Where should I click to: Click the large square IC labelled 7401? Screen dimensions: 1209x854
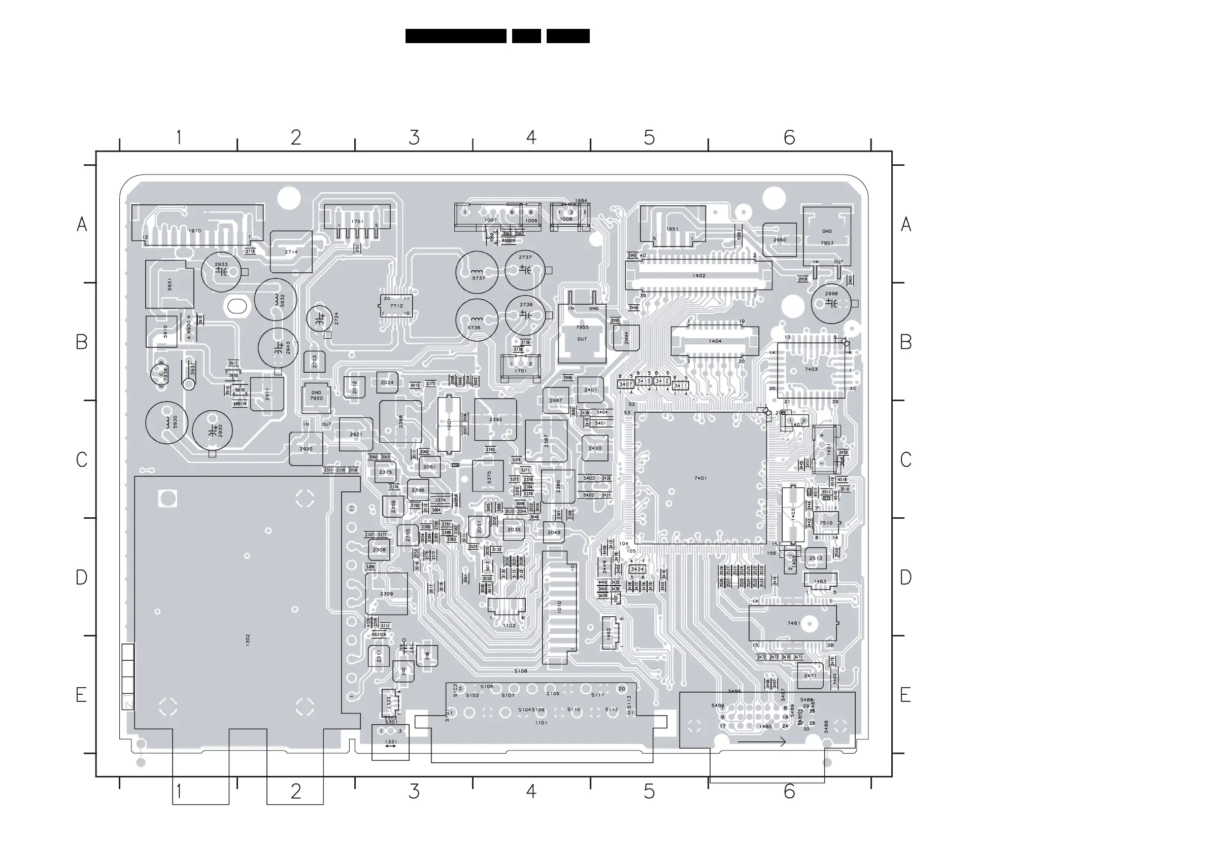click(700, 478)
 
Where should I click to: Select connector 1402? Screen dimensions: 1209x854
click(698, 275)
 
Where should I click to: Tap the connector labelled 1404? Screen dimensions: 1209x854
click(715, 341)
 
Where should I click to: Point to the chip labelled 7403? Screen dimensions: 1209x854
click(811, 369)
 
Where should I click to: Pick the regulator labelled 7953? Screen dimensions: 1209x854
click(827, 237)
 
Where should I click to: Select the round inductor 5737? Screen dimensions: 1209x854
click(477, 272)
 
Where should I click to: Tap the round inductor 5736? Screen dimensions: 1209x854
click(476, 320)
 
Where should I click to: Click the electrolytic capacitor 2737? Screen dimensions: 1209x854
click(525, 269)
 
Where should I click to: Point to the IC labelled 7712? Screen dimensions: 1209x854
click(396, 306)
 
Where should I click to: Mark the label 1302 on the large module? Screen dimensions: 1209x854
click(248, 640)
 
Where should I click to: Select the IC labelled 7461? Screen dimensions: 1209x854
click(792, 623)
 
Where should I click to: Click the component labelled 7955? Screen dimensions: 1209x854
click(582, 333)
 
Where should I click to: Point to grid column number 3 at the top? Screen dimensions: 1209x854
click(414, 138)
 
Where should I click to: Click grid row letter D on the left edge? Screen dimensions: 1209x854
click(81, 577)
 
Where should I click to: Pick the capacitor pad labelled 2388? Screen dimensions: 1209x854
click(401, 421)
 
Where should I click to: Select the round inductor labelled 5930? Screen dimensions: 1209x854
click(167, 422)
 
